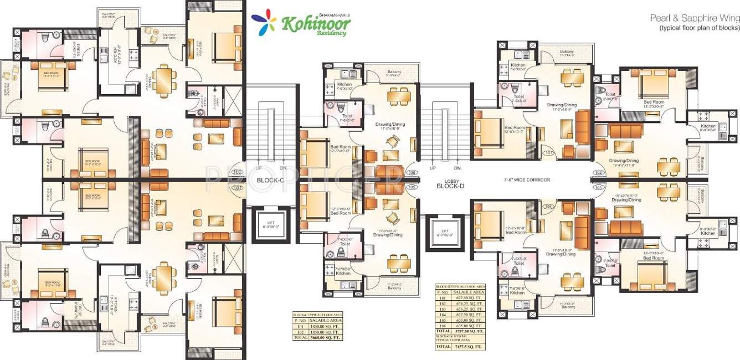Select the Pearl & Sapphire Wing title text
[695, 18]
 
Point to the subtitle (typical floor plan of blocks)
[699, 28]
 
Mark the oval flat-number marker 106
[412, 173]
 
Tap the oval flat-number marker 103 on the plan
[598, 188]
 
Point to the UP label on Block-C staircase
[258, 168]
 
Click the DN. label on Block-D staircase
[458, 168]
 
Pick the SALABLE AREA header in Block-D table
[469, 291]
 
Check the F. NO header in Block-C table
[300, 320]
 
